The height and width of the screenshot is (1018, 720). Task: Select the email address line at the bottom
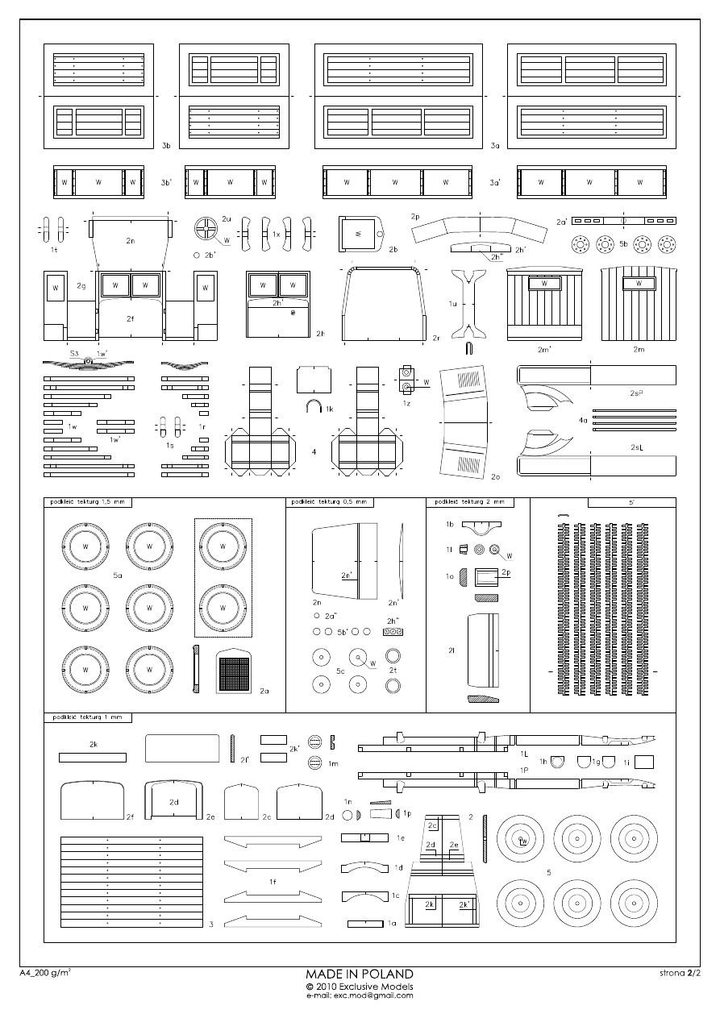pos(360,995)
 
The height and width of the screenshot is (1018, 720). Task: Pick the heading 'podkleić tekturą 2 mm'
pos(470,502)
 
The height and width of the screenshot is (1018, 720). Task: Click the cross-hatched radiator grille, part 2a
pos(234,671)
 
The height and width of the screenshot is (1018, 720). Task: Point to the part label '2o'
pos(495,476)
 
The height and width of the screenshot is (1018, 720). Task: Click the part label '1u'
pos(453,304)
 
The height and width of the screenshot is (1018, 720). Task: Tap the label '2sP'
pos(636,393)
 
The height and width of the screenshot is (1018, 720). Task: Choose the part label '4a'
pos(582,420)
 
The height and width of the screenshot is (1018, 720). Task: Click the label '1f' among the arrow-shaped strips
pos(273,883)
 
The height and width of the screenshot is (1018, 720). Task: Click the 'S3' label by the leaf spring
pos(73,354)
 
